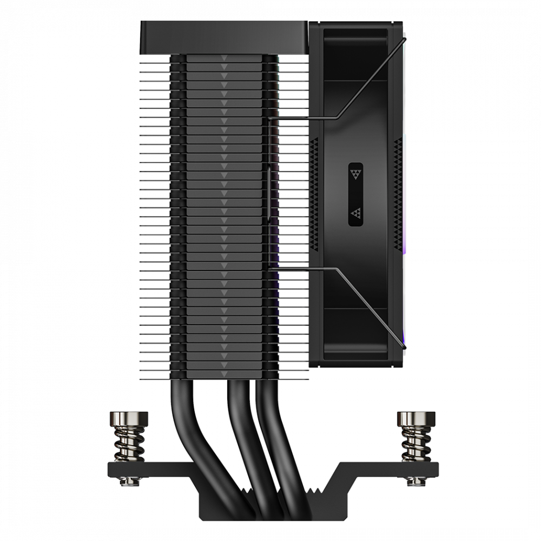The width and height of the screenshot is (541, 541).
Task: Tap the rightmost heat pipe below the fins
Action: [270, 422]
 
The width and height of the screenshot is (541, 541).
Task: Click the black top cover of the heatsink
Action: [222, 37]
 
